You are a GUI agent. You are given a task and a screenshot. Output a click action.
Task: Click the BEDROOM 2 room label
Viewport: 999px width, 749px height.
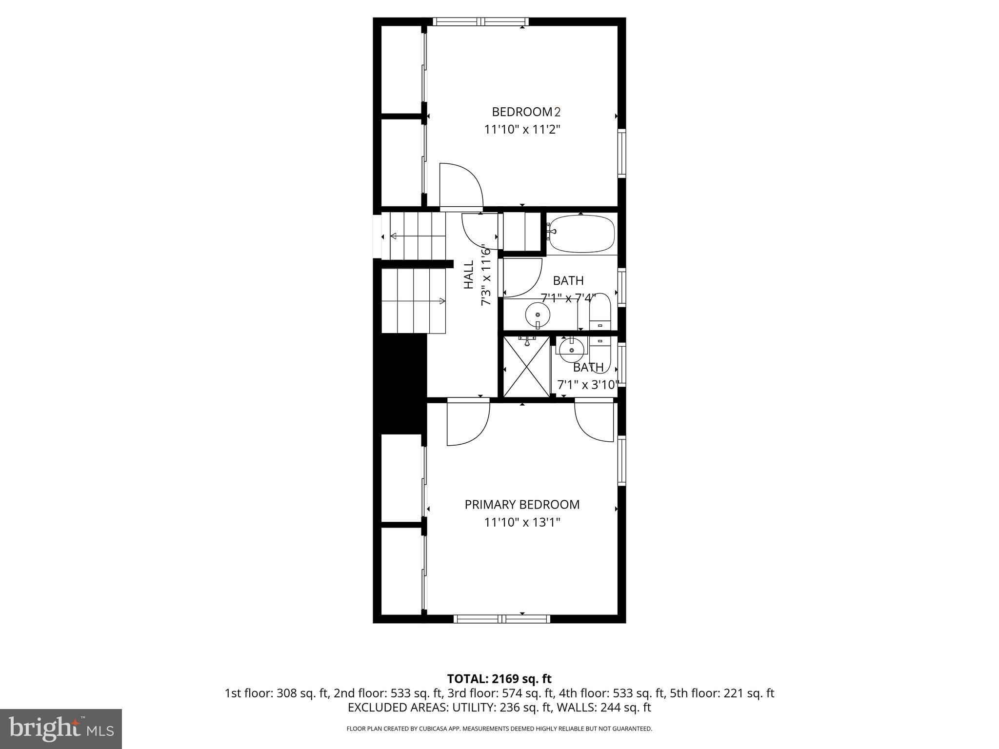(x=526, y=112)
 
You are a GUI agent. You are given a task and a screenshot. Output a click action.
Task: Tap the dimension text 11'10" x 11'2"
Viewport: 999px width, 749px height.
(x=522, y=130)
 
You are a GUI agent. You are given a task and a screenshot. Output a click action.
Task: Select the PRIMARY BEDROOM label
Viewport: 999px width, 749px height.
(x=522, y=505)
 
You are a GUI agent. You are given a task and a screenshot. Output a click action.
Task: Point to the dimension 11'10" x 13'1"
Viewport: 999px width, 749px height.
(x=522, y=523)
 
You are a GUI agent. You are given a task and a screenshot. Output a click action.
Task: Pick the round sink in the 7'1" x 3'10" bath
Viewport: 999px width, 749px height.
(x=571, y=350)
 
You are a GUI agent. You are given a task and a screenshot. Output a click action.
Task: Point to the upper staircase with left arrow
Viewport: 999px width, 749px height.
(x=418, y=237)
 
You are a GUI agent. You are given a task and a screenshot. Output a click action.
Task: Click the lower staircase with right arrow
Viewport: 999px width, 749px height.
(x=413, y=301)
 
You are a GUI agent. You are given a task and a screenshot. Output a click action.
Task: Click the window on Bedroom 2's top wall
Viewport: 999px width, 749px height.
(x=480, y=21)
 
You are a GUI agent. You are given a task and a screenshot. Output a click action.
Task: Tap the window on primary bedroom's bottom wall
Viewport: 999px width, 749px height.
(x=502, y=619)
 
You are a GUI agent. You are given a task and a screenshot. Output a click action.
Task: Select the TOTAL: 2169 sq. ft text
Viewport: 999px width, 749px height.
(x=499, y=679)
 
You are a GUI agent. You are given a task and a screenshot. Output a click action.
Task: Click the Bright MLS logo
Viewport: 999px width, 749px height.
(x=61, y=729)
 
